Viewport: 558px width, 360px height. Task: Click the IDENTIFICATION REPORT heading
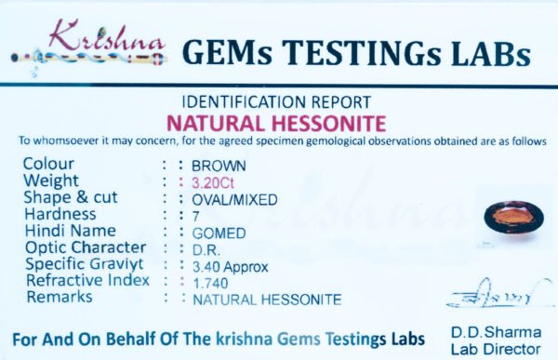point(276,102)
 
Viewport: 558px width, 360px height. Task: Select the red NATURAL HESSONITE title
point(276,124)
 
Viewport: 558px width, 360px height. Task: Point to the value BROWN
point(219,167)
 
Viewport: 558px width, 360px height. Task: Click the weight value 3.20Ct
point(213,183)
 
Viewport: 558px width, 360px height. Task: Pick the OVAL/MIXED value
point(234,200)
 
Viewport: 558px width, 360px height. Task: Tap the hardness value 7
point(195,217)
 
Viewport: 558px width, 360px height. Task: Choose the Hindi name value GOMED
point(219,233)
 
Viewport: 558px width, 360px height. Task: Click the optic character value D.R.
point(206,250)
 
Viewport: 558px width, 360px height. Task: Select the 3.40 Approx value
point(231,267)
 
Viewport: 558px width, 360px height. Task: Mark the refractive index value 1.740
point(210,284)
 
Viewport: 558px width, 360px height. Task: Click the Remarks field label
point(60,297)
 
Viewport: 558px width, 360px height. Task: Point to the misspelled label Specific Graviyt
point(85,264)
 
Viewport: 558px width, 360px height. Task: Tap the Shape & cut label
point(71,197)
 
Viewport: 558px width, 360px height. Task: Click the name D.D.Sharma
point(496,333)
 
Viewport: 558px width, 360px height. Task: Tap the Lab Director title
point(496,350)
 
